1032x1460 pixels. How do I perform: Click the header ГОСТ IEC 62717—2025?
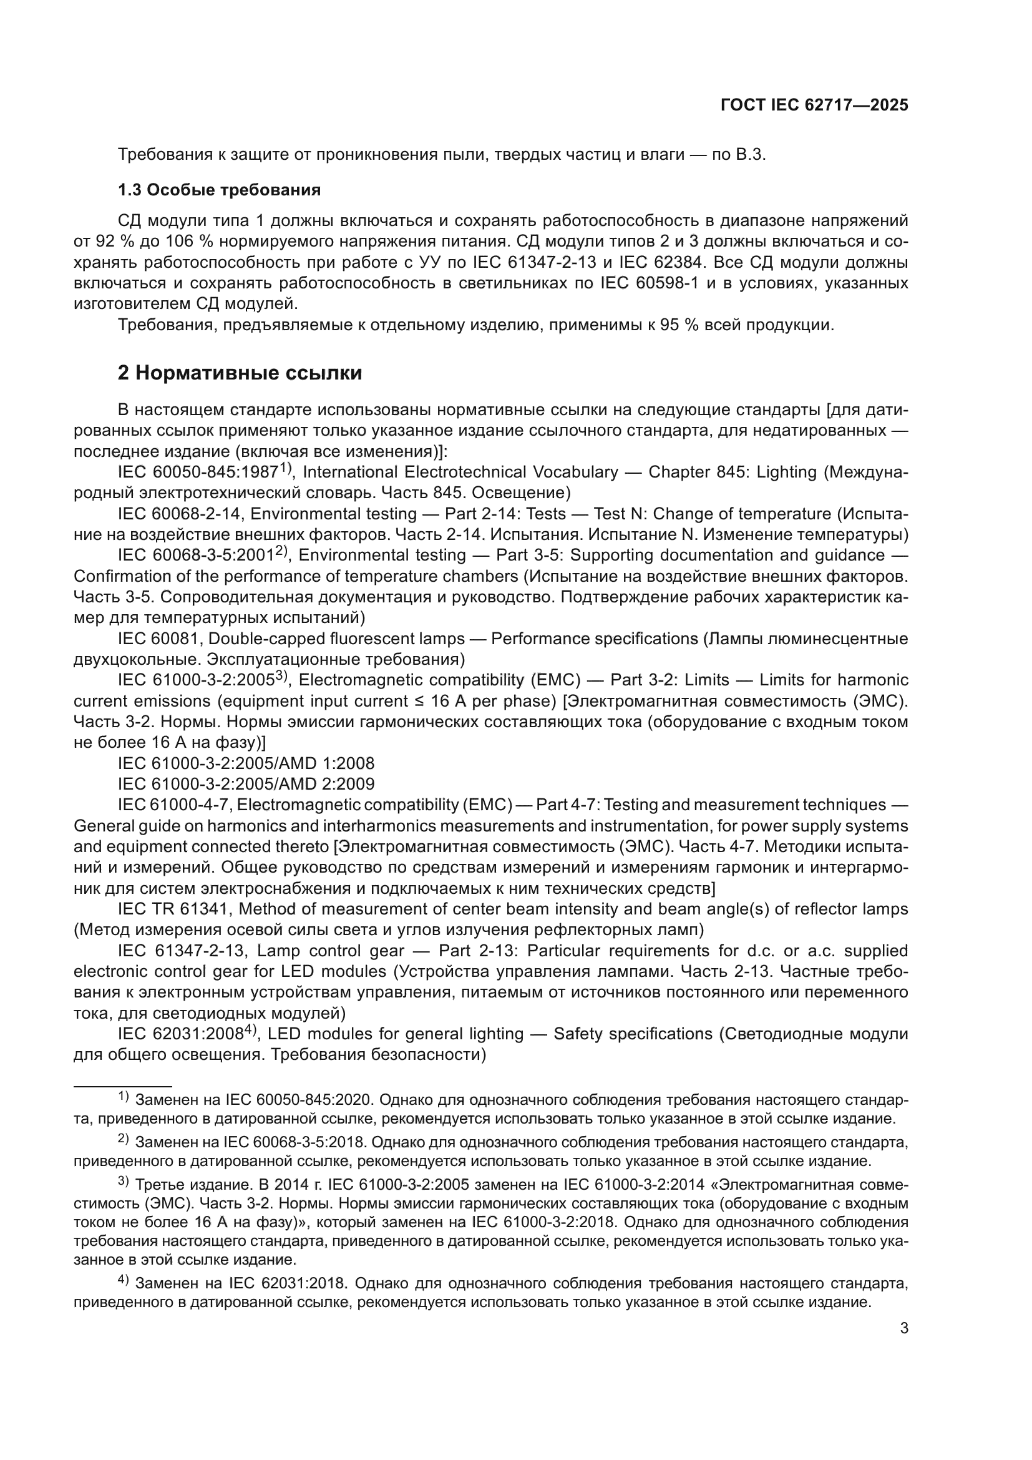(814, 105)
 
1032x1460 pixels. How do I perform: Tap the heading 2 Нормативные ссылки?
(240, 373)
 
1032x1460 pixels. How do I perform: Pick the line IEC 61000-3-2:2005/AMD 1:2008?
(246, 763)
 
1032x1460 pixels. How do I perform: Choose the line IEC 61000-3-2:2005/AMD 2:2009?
(246, 783)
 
